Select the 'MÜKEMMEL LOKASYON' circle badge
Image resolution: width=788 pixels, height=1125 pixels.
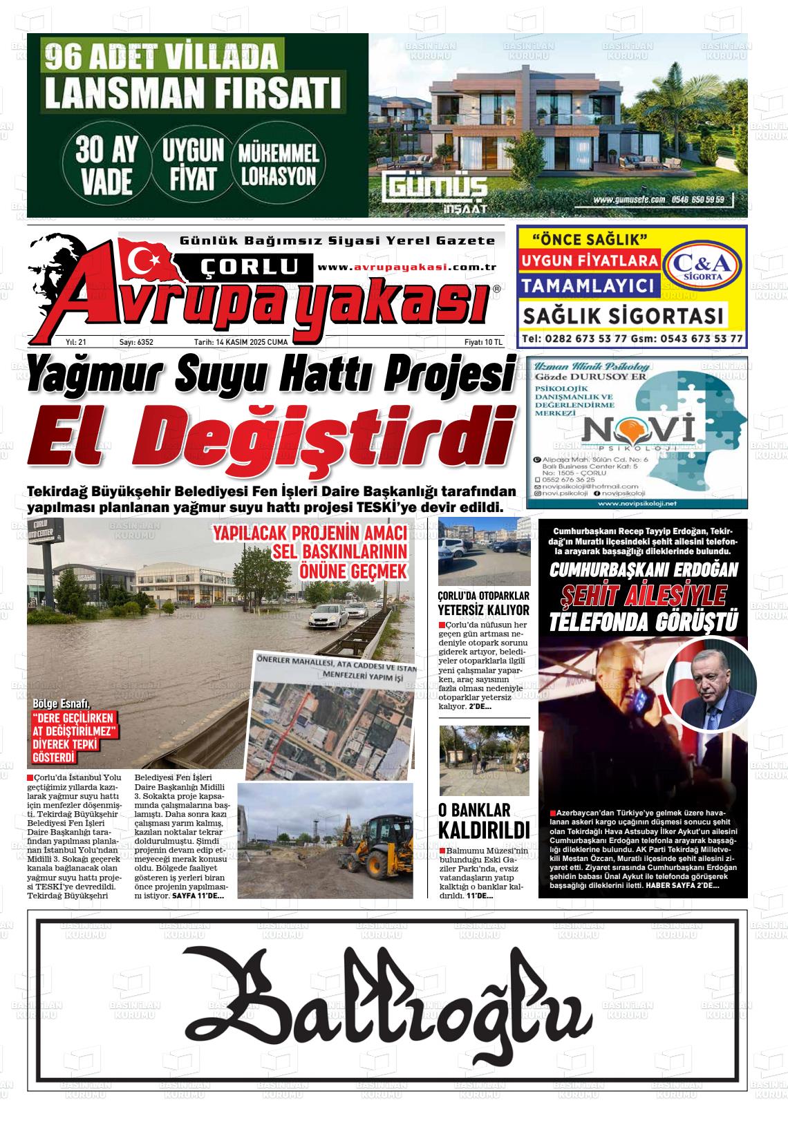(278, 165)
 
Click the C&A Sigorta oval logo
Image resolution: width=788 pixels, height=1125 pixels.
(702, 265)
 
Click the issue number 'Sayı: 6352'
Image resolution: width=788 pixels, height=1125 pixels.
(136, 342)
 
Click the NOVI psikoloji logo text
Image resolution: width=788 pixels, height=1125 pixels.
(638, 431)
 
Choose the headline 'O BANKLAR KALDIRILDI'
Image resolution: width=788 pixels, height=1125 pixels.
(484, 820)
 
